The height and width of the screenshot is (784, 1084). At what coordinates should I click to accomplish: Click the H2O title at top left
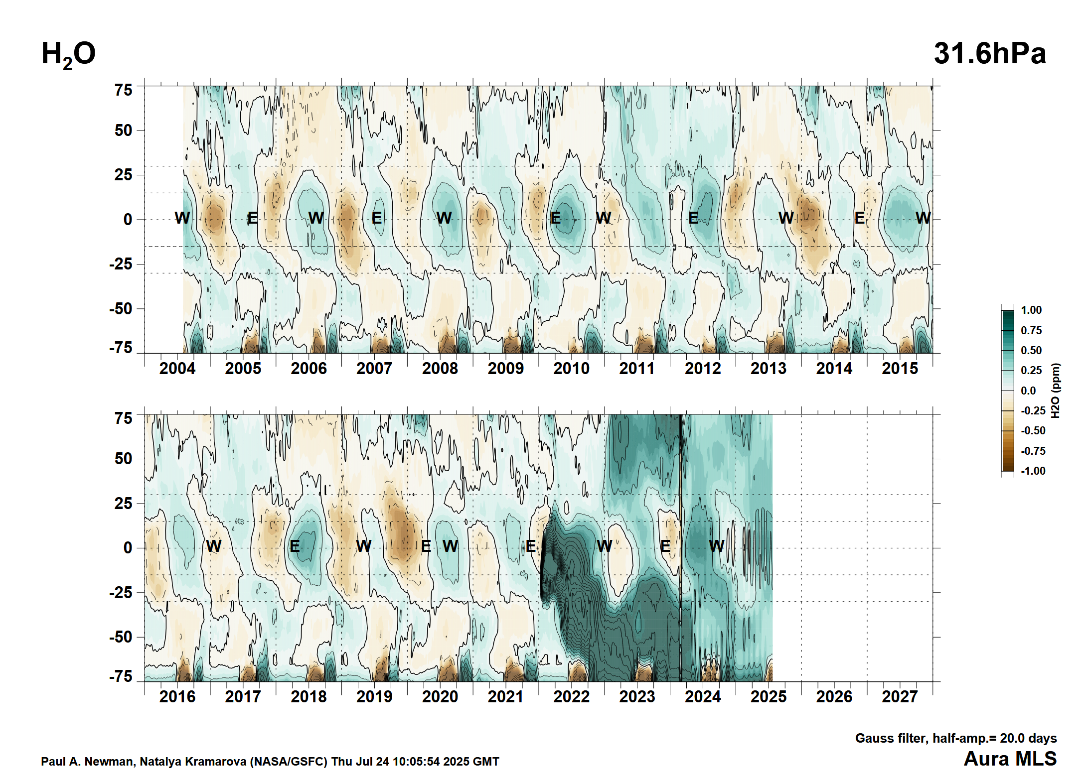(68, 54)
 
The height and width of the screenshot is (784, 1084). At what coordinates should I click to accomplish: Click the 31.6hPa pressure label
(989, 53)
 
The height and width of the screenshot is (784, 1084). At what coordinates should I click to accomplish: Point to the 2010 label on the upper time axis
(571, 369)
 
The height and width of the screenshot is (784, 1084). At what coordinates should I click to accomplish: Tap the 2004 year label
(177, 369)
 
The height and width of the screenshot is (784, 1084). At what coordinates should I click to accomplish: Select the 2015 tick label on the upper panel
(900, 369)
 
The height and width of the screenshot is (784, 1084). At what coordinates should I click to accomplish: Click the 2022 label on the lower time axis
(571, 696)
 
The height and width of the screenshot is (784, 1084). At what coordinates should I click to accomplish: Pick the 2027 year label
(900, 696)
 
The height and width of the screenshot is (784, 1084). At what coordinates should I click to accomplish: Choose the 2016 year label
(177, 696)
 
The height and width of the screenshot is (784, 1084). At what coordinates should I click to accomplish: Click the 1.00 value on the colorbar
(1031, 310)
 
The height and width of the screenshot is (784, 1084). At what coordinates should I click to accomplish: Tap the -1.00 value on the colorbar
(1032, 471)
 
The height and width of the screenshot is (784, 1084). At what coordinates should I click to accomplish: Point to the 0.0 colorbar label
(1028, 391)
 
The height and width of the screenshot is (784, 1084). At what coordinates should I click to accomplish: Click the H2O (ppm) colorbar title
(1055, 391)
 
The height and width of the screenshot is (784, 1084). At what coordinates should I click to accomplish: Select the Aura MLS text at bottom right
(1010, 759)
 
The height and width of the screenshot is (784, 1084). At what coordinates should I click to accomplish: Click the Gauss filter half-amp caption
(955, 738)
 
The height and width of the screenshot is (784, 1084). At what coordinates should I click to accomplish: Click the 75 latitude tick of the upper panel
(123, 90)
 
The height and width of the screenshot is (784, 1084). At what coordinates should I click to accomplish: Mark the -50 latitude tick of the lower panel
(121, 637)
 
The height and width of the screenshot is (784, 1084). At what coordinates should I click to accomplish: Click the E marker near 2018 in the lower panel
(295, 546)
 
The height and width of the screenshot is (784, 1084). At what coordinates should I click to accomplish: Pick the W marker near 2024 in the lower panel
(716, 546)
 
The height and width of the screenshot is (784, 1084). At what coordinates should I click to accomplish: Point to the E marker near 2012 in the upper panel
(693, 218)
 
